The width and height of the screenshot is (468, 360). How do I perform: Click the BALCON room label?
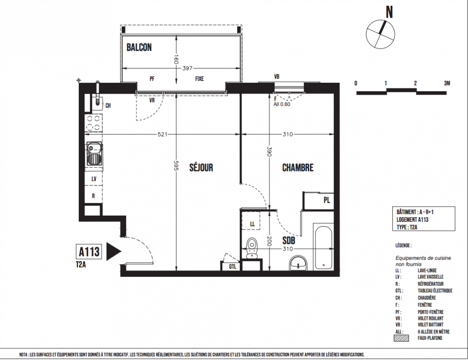click(x=139, y=47)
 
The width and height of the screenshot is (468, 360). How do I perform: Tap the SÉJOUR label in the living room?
click(x=201, y=167)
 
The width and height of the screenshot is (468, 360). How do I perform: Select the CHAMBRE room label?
click(x=297, y=167)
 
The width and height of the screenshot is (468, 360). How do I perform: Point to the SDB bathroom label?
click(x=288, y=240)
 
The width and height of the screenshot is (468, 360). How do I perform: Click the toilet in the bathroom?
click(x=252, y=248)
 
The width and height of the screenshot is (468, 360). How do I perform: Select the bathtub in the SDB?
click(x=323, y=247)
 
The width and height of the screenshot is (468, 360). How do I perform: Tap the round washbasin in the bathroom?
click(x=298, y=263)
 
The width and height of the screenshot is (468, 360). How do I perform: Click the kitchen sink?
click(x=94, y=154)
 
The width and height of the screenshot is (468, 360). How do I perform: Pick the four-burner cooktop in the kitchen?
click(x=94, y=123)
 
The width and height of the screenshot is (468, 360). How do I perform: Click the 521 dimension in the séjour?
click(x=162, y=135)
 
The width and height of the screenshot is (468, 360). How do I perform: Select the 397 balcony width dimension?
click(x=187, y=68)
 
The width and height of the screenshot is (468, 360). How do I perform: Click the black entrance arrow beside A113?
click(x=114, y=252)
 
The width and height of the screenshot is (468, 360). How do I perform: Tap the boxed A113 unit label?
click(x=89, y=252)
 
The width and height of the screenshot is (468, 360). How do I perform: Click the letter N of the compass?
click(x=389, y=12)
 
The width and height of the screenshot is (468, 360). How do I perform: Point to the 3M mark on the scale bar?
click(x=447, y=83)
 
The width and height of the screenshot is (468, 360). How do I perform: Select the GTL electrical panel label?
click(x=233, y=266)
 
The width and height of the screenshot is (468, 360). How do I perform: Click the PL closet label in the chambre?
click(x=327, y=200)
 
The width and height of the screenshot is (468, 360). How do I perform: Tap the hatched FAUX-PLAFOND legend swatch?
click(x=401, y=338)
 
